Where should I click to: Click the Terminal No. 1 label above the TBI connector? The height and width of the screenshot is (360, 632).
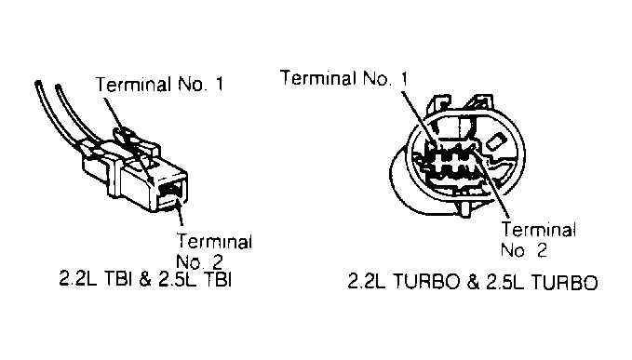pos(159,84)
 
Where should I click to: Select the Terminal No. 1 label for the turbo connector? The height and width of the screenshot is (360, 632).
pos(343,78)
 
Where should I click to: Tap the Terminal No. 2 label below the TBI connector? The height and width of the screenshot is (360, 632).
pos(214,251)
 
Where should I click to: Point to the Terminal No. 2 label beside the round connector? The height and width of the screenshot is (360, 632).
pos(538,240)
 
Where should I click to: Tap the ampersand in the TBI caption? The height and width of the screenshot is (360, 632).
pos(145,279)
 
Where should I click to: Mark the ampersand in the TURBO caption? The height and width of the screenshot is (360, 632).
pos(474,282)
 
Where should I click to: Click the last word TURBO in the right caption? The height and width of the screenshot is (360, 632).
pos(565,282)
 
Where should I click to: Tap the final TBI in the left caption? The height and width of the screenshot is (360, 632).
pos(218,279)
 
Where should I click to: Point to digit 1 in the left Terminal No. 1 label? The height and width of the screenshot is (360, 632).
pos(219,84)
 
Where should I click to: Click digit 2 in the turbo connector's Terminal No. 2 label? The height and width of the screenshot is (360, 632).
pos(542,250)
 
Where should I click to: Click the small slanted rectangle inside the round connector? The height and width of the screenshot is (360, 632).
pos(495,141)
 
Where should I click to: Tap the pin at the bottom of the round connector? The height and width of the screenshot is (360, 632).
pos(466,208)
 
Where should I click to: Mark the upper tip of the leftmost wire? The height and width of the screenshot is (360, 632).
pos(38,84)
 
